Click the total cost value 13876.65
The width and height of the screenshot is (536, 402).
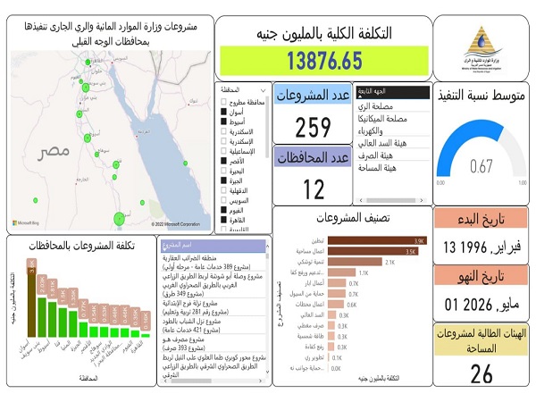(x=324, y=61)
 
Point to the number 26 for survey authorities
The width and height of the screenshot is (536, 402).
(x=482, y=373)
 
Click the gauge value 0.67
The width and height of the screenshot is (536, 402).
(x=482, y=165)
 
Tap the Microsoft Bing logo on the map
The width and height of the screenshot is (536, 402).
(x=32, y=223)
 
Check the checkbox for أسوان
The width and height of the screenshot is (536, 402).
(x=223, y=112)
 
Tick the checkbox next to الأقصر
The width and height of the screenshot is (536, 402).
(x=223, y=161)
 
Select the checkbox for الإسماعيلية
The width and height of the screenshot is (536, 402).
(x=223, y=151)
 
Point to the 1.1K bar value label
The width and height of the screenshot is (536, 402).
(x=364, y=273)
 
